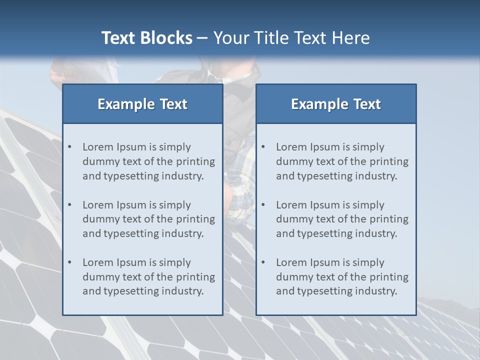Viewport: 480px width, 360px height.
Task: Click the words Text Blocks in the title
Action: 146,38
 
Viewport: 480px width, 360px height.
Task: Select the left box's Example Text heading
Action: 142,104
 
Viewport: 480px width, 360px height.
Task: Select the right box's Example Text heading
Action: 336,104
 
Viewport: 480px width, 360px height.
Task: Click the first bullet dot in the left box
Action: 69,147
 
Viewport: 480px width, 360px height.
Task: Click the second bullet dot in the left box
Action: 69,205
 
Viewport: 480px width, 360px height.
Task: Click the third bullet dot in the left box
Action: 69,262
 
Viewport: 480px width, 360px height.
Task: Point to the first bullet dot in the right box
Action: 263,147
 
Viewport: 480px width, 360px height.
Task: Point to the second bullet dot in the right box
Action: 263,205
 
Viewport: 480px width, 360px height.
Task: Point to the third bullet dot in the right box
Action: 263,262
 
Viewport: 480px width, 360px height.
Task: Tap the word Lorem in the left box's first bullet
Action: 97,147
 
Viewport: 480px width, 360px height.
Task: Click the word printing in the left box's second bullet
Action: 195,219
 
